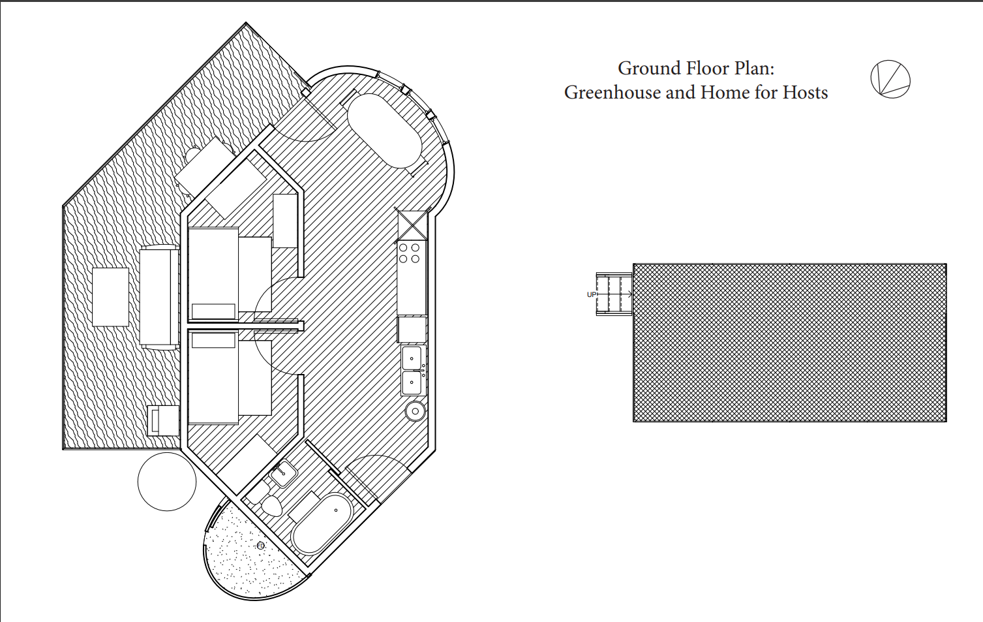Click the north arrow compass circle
(x=890, y=80)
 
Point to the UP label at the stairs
(x=592, y=295)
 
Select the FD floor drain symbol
(x=260, y=546)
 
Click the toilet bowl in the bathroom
(x=271, y=506)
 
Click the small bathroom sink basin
(x=283, y=473)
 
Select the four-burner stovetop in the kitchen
(x=410, y=253)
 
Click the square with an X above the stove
(x=412, y=225)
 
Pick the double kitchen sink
(x=412, y=371)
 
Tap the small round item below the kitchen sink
(x=415, y=411)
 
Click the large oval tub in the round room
(x=385, y=131)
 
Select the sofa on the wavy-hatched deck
(x=159, y=298)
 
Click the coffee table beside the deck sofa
(x=110, y=297)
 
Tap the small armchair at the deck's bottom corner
(x=164, y=421)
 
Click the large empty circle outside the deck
(x=167, y=482)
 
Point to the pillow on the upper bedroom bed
(x=213, y=311)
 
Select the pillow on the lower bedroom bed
(x=213, y=340)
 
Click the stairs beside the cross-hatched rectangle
(x=614, y=295)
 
